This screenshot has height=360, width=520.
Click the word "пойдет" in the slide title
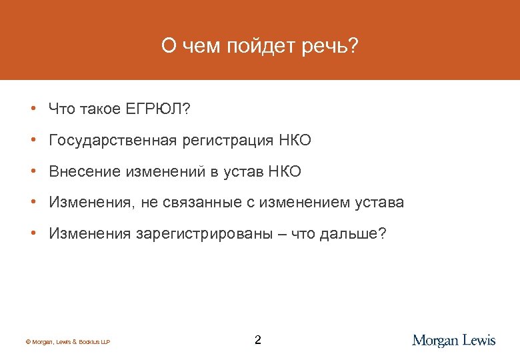coord(258,47)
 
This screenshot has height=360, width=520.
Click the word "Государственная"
coord(113,141)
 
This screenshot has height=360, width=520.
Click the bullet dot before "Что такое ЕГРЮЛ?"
coord(32,109)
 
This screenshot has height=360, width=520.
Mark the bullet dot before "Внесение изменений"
coord(32,172)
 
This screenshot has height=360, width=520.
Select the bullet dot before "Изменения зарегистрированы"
coord(32,234)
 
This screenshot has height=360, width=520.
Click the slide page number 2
coord(258,341)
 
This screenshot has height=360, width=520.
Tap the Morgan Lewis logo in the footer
coord(454,341)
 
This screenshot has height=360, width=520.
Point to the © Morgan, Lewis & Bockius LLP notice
coord(67,342)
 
